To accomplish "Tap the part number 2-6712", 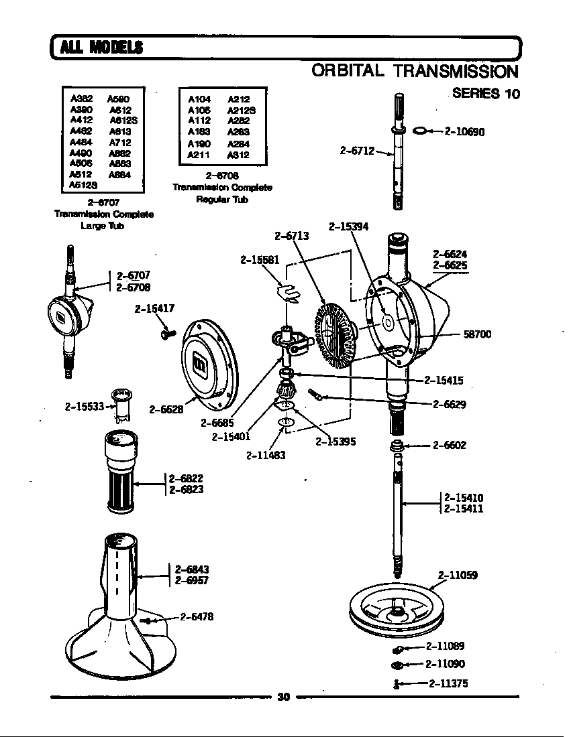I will tap(356, 150).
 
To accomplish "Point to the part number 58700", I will tap(477, 334).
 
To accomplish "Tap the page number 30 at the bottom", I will tap(283, 697).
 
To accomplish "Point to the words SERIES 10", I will tap(486, 93).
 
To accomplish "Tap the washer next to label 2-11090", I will tap(397, 665).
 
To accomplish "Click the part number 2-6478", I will tap(197, 617).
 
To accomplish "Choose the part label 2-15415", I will tap(444, 380).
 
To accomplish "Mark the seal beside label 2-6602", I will tap(397, 446).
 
